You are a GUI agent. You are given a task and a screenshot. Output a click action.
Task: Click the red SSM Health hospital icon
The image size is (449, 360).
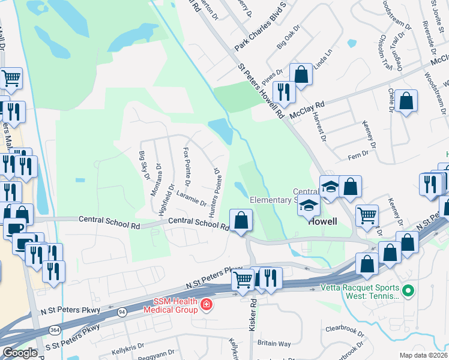[x=206, y=305]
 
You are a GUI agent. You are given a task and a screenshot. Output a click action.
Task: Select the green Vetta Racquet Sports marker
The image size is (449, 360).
[x=408, y=292]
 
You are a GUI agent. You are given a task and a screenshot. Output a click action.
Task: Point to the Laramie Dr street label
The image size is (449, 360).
[x=191, y=199]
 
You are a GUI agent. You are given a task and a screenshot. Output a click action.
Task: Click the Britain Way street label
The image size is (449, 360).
[x=274, y=343]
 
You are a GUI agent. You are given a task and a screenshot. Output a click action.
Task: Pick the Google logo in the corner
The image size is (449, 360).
[x=20, y=352]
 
